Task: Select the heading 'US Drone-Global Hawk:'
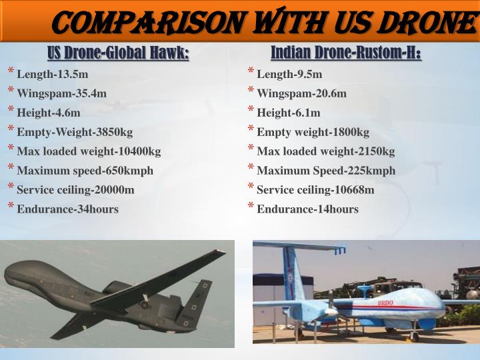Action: (x=118, y=53)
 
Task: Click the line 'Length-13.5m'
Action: (x=53, y=74)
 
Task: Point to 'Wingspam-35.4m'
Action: (x=61, y=93)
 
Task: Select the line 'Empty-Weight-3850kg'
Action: (x=75, y=132)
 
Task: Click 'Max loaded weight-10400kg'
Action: (x=89, y=151)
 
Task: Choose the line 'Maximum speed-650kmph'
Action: (x=85, y=171)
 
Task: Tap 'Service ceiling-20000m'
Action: (x=75, y=190)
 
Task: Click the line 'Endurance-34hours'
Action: (x=67, y=209)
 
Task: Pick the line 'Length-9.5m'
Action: (x=289, y=74)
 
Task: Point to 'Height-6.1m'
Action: (x=288, y=113)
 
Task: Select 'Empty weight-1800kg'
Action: (x=313, y=132)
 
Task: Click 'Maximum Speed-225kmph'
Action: (x=326, y=171)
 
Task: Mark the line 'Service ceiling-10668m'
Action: (x=315, y=190)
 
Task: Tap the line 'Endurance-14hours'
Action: (x=307, y=209)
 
